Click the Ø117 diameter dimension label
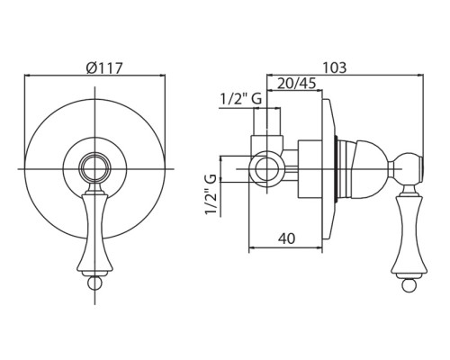pos(104,67)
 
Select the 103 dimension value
pos(334,67)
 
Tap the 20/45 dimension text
pos(296,84)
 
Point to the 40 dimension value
pos(286,238)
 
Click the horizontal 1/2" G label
pos(241,99)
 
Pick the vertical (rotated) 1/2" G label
pos(211,194)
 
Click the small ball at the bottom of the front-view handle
pos(94,283)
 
